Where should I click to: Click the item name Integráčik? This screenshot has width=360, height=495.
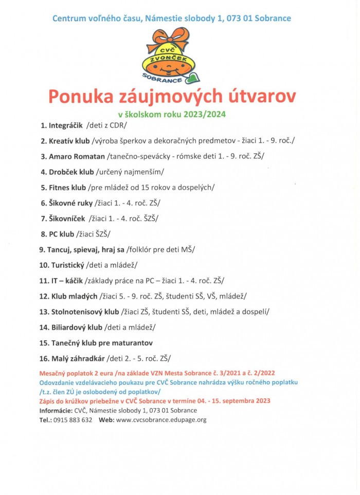[x=65, y=125]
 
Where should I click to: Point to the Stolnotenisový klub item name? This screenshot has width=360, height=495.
[x=85, y=311]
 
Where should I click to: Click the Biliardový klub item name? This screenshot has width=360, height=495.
[x=77, y=327]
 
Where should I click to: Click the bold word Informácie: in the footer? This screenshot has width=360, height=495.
[x=56, y=410]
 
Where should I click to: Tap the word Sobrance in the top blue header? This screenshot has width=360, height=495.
[x=272, y=19]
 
